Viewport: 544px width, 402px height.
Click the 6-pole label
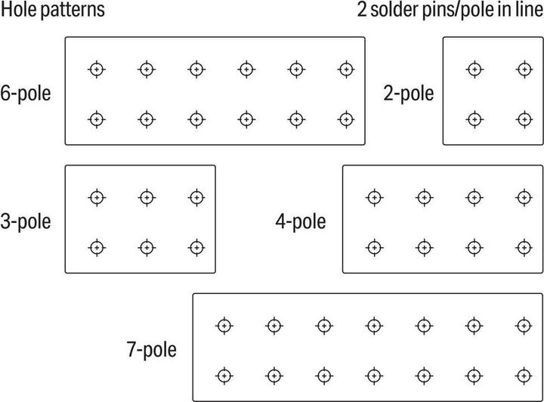point(26,94)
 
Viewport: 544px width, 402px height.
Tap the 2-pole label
point(408,94)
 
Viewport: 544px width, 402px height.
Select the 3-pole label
point(26,221)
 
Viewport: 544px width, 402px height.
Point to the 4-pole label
point(301,221)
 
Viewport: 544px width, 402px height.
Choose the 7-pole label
point(152,349)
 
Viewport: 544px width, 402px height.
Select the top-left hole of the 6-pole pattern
point(97,70)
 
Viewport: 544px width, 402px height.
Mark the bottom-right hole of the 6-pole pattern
point(346,119)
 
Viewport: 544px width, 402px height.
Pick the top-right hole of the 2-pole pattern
point(524,70)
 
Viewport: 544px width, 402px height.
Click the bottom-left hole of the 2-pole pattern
point(474,119)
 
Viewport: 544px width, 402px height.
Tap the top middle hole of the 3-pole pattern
point(147,198)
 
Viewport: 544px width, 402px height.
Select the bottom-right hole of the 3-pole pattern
point(196,248)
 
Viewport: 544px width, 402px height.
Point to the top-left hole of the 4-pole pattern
point(374,198)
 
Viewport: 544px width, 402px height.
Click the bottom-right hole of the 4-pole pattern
point(524,248)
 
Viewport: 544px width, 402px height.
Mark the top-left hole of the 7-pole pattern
point(224,326)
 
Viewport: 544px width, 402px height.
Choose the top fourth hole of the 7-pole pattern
point(374,326)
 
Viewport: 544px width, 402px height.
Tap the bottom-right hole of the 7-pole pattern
point(524,376)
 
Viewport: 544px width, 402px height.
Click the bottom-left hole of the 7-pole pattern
point(224,376)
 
